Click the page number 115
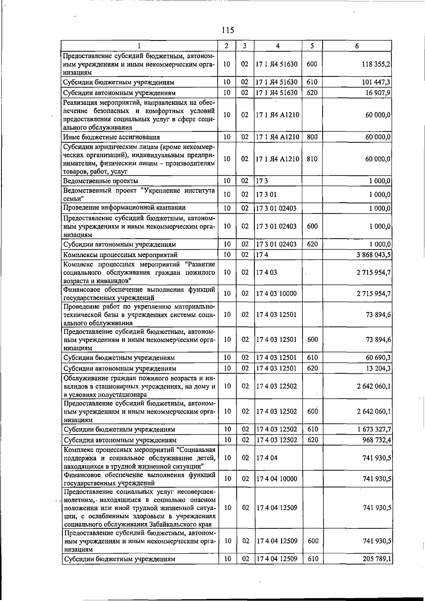point(228,30)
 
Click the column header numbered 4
point(278,46)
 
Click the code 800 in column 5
point(312,137)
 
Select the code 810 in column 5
point(312,159)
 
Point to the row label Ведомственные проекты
point(101,181)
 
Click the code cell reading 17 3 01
point(266,194)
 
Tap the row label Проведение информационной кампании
point(124,208)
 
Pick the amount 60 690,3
point(378,358)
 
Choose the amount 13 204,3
point(378,368)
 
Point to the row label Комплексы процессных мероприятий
point(120,255)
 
